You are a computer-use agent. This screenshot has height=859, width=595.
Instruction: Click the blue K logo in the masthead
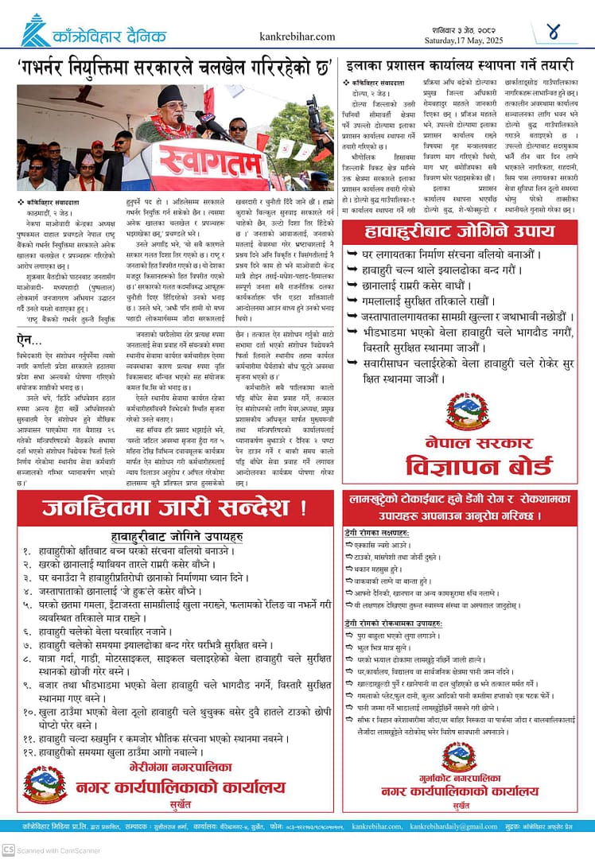click(x=35, y=31)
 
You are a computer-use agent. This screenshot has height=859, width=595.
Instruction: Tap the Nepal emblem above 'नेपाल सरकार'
click(x=467, y=413)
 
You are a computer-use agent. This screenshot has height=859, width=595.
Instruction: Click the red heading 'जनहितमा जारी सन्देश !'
click(x=174, y=507)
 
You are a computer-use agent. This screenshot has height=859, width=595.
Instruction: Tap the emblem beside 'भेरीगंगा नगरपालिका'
click(x=45, y=784)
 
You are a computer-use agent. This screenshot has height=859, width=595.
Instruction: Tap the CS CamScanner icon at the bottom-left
click(x=9, y=849)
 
